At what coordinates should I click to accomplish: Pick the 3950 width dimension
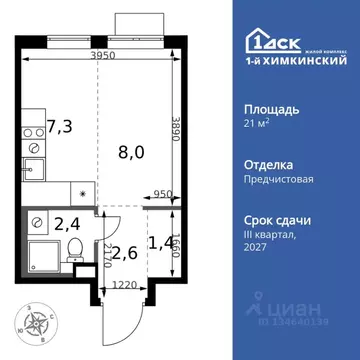point(97,57)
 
